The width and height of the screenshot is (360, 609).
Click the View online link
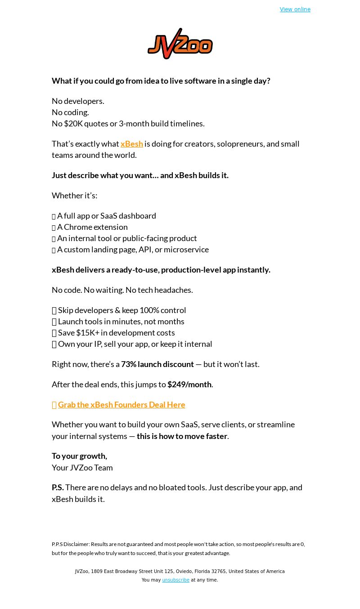[x=295, y=9]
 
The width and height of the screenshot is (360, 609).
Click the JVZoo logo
[x=180, y=44]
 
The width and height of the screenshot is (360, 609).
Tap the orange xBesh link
[x=132, y=144]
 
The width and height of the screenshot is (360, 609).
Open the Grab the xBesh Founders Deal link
[x=121, y=405]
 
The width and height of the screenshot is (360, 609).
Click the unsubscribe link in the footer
[x=175, y=580]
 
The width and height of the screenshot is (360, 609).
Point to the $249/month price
[x=189, y=385]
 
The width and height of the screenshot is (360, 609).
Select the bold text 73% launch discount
[x=157, y=364]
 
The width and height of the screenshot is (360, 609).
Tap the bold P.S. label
[x=58, y=488]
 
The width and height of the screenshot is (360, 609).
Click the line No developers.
[x=78, y=101]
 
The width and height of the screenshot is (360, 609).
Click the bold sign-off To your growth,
[x=79, y=456]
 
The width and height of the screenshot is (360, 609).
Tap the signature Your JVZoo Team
[x=82, y=468]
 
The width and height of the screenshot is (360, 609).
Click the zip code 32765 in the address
[x=219, y=572]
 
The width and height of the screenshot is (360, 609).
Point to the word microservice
[x=186, y=250]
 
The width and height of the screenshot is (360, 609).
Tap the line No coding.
[x=70, y=112]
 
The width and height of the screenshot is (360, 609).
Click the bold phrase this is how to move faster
[x=182, y=436]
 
